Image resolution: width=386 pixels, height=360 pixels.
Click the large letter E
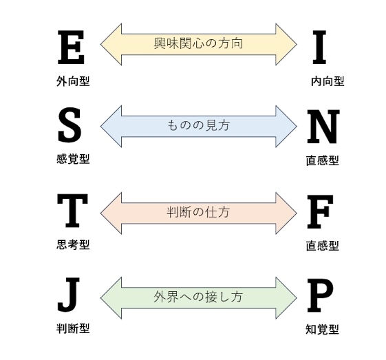71,47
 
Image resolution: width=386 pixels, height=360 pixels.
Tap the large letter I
319,47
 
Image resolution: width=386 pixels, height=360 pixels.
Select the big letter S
69,125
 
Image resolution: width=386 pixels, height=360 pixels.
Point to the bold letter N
323,127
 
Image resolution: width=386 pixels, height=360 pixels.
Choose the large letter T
72,211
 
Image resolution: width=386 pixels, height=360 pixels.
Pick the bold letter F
320,212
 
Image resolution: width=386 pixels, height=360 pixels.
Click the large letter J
69,295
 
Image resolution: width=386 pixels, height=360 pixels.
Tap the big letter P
320,296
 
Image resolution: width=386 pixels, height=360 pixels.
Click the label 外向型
73,81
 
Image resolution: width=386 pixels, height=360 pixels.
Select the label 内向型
328,81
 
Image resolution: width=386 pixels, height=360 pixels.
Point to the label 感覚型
73,159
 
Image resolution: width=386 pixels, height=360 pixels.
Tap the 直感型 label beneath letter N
323,160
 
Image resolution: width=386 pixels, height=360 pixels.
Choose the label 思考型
73,244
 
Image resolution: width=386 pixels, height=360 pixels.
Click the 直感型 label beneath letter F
323,246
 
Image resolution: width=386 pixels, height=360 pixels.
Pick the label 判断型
73,328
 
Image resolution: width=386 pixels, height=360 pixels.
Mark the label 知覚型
322,329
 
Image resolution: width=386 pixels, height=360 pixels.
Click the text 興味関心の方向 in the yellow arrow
198,43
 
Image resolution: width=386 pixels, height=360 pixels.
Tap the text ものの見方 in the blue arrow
198,125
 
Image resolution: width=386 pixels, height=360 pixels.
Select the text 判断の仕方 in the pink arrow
198,212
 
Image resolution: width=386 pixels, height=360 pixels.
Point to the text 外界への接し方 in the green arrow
198,297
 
